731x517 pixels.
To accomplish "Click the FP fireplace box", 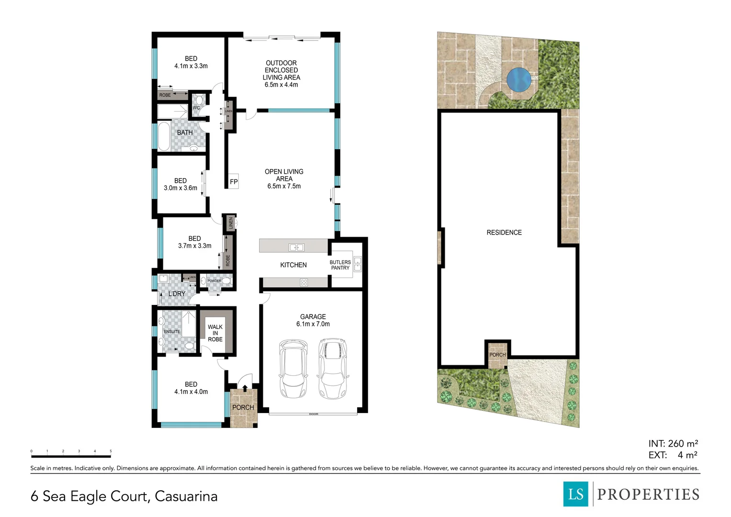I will (234, 181).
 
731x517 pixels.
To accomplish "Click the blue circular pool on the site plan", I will (518, 79).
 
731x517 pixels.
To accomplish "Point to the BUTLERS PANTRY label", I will (340, 265).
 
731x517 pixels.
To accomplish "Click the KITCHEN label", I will (293, 265).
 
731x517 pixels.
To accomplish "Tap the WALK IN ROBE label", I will (215, 333).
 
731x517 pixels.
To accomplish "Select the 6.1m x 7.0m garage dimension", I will (313, 324).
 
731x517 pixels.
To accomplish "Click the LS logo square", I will (575, 494).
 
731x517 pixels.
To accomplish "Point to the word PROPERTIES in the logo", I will (648, 495).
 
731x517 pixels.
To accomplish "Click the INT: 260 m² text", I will (673, 444).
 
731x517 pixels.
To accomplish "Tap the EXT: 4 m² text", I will (673, 455).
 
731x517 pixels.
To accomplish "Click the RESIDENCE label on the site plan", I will (504, 233).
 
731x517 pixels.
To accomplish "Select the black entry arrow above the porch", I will (245, 388).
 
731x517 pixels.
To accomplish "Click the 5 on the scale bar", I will (111, 451).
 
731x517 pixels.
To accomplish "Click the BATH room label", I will (185, 133).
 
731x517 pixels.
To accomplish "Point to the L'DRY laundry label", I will (177, 293).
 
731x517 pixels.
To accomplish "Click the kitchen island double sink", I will (296, 247).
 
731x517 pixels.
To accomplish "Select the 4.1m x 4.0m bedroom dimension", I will (191, 392).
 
